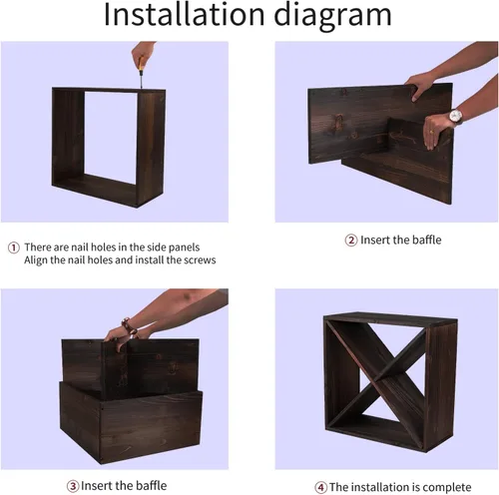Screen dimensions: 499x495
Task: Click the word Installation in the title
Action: [185, 14]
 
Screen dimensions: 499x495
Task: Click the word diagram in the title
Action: [332, 17]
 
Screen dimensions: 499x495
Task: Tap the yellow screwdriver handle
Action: [141, 63]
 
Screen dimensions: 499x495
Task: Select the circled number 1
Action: [14, 247]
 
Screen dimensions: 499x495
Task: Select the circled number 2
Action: [351, 241]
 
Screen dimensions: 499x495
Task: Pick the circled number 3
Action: [73, 486]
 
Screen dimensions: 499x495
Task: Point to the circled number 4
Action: [320, 488]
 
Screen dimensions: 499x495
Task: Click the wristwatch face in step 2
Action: [455, 116]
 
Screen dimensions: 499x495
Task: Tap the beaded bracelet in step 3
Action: [129, 326]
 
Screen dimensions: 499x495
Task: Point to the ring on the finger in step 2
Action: [431, 132]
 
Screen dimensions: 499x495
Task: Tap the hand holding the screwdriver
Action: [142, 52]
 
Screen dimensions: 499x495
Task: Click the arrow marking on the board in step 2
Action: [402, 137]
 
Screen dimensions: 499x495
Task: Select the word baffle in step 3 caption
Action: [152, 486]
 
